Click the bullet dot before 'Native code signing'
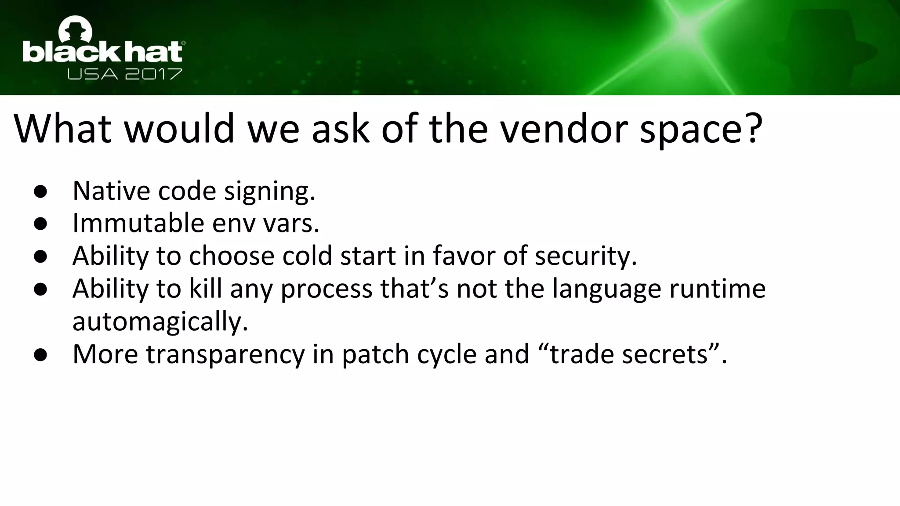[x=40, y=192]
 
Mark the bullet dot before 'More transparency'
[x=40, y=355]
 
